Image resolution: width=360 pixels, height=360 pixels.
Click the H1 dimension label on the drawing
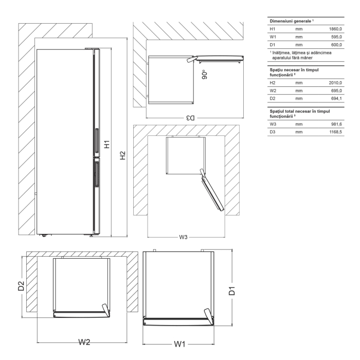(107, 144)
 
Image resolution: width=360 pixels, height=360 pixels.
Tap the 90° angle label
(205, 76)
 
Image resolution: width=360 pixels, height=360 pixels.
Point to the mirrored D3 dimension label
(190, 118)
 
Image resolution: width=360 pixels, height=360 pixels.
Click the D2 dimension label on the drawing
(21, 285)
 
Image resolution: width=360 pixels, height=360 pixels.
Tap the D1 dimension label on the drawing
(232, 291)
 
